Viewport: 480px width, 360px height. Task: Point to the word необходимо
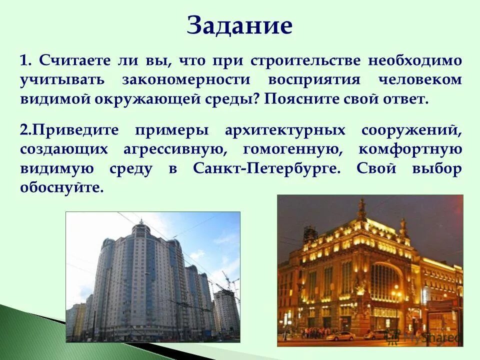click(415, 61)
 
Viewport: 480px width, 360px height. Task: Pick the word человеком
click(420, 80)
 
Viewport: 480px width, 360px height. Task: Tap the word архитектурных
click(285, 131)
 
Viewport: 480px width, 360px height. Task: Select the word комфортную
click(410, 149)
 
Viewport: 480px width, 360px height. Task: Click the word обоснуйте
click(62, 187)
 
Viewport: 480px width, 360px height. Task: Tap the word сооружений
click(410, 131)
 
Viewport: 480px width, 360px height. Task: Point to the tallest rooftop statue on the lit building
click(361, 207)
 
